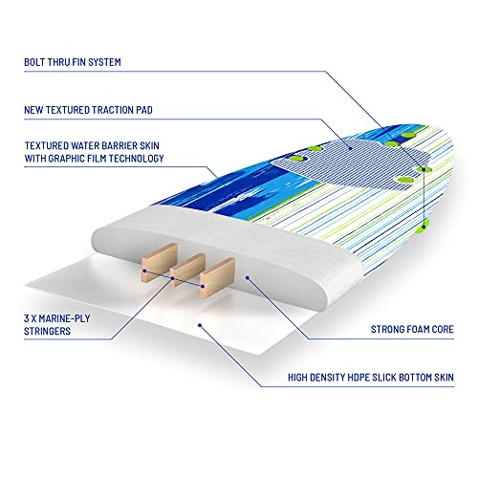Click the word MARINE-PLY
[65, 318]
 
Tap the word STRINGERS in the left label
[47, 331]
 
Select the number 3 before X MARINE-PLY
[27, 318]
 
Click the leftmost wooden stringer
[160, 263]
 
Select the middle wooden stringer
[187, 271]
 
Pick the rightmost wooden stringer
[217, 277]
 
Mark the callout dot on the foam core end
[247, 278]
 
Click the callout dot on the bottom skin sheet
[200, 325]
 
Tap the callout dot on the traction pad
[350, 148]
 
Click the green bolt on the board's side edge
[424, 226]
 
